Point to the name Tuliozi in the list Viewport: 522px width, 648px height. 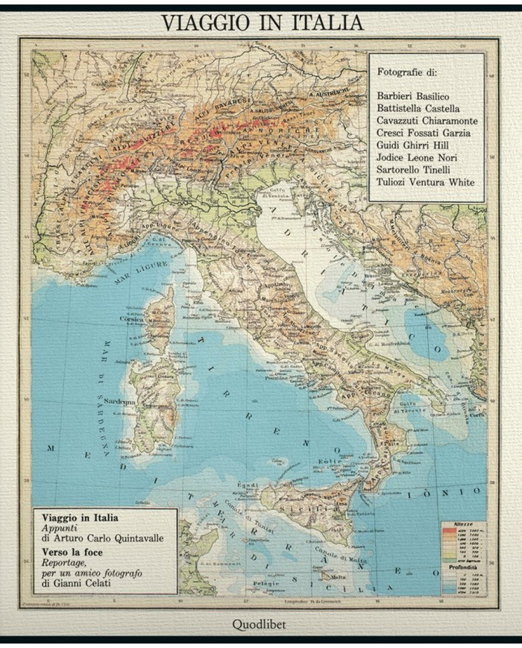click(397, 183)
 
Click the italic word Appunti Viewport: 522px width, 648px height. click(60, 527)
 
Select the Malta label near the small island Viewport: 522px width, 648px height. click(338, 576)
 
